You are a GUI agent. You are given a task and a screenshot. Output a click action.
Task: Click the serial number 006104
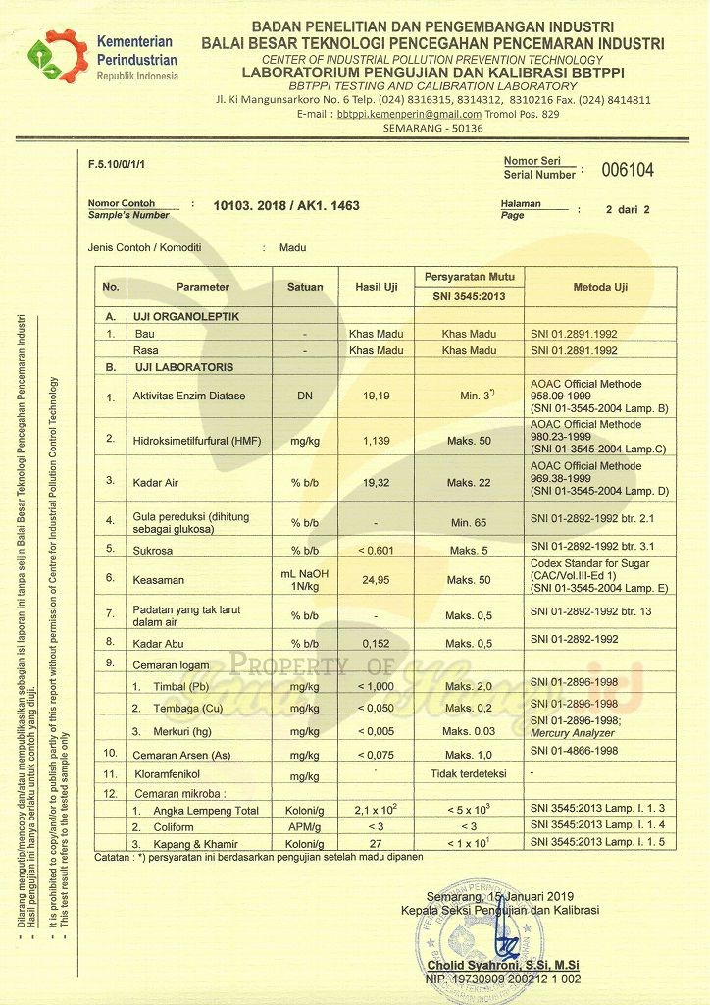628,170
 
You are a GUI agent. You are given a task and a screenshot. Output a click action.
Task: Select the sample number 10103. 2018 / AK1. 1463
286,206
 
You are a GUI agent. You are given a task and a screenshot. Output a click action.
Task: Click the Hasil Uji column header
376,287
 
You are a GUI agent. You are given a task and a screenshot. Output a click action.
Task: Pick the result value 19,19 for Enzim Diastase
376,397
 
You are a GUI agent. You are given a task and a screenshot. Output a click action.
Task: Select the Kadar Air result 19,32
376,482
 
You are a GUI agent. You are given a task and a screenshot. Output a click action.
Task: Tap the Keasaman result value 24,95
376,580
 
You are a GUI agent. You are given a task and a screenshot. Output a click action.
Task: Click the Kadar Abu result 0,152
376,643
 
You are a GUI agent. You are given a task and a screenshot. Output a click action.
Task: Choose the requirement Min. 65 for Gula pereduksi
469,522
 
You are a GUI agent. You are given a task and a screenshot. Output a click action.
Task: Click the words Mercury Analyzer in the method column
571,732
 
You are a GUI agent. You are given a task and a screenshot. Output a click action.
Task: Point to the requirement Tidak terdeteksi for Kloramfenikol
469,774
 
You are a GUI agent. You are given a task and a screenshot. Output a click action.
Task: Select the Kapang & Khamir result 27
376,842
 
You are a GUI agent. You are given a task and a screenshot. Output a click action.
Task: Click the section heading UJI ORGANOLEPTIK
186,317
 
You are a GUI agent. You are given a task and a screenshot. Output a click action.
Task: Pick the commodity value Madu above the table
292,248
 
